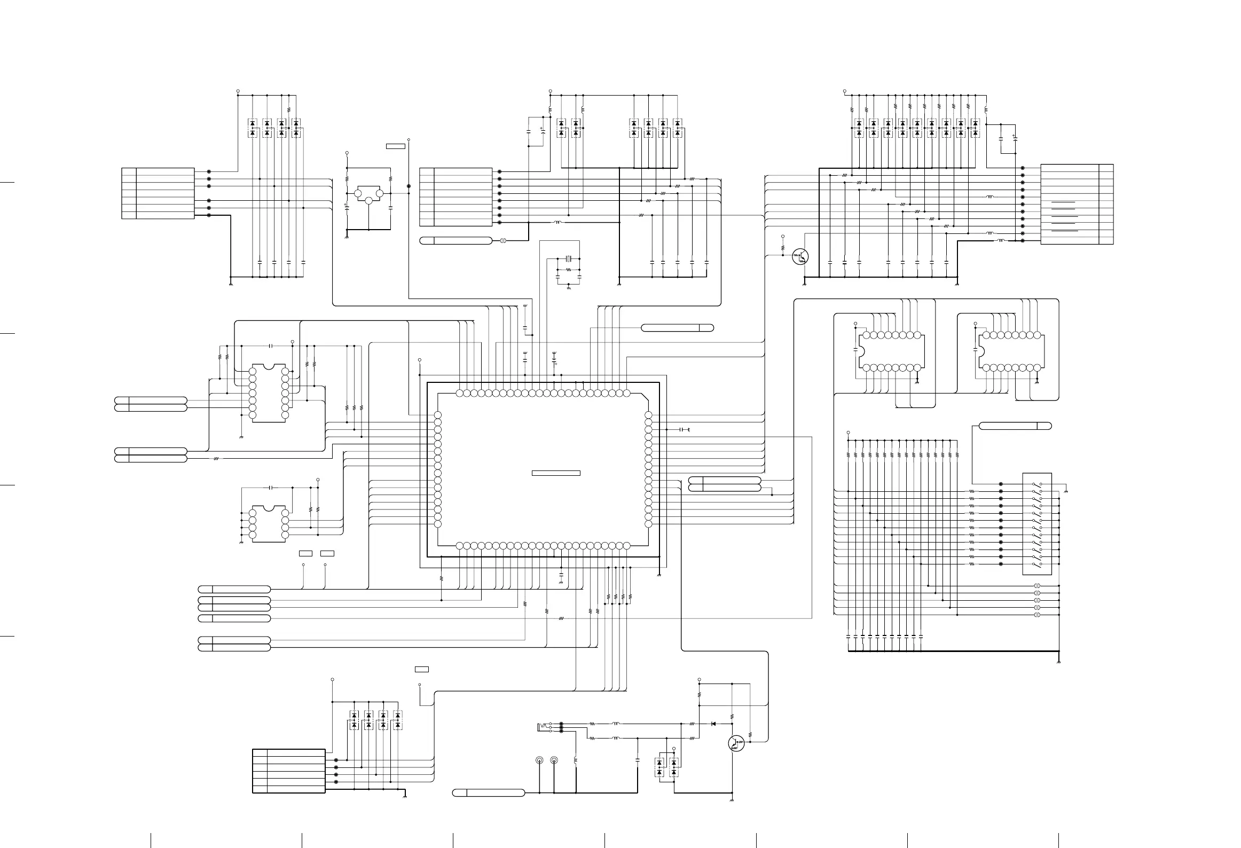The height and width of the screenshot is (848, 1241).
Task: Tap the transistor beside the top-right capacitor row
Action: (801, 256)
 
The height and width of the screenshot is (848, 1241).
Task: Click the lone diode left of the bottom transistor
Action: (713, 724)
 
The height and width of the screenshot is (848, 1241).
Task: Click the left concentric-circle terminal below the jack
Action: (540, 760)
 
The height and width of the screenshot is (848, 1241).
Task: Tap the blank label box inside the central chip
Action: (556, 473)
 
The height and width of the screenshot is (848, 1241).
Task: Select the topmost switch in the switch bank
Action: (1037, 484)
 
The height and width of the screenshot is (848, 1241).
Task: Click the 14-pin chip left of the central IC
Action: (269, 393)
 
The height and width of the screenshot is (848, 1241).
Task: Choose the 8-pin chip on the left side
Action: (269, 523)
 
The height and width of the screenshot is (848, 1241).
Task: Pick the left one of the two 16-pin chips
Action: (891, 351)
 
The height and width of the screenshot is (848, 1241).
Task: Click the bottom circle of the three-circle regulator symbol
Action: (368, 200)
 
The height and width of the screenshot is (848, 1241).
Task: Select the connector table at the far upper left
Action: (158, 193)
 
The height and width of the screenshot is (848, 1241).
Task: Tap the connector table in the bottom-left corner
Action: (288, 771)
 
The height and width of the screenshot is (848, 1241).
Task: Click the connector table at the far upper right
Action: (1077, 204)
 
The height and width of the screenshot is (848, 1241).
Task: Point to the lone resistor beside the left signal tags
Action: (216, 459)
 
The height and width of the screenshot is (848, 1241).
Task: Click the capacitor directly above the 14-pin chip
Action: (271, 346)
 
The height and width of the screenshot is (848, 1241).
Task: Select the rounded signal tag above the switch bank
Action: (1015, 426)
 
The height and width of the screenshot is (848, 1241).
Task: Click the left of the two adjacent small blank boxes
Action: (305, 553)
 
